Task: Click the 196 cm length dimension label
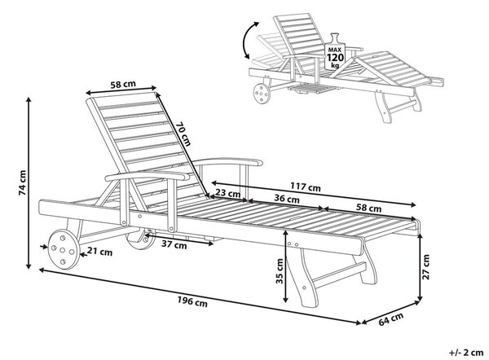(192, 301)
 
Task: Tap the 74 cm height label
(23, 182)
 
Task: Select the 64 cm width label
(390, 319)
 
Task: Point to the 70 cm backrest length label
(183, 134)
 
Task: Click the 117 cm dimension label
(306, 187)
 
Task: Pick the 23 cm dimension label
(228, 194)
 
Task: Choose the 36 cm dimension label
(287, 198)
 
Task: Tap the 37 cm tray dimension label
(174, 245)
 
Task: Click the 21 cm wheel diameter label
(99, 252)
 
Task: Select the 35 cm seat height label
(280, 271)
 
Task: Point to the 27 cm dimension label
(426, 267)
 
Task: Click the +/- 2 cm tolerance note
(466, 353)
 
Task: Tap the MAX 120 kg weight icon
(335, 51)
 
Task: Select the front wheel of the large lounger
(64, 249)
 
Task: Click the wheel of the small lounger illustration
(262, 93)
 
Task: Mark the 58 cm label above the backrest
(123, 84)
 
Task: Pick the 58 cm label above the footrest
(369, 208)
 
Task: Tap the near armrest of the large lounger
(148, 176)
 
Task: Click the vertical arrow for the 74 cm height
(29, 183)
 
